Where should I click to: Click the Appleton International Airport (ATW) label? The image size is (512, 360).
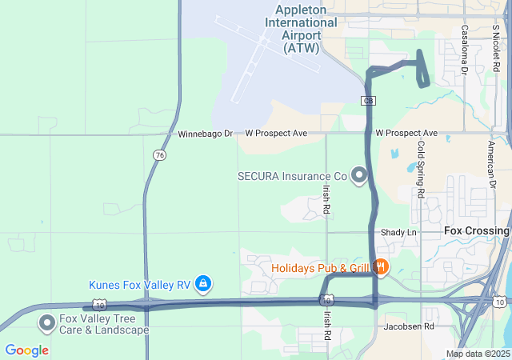point(301,29)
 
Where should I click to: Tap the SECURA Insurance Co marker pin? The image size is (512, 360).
point(359,174)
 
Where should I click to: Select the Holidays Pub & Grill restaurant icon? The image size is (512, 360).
point(382,267)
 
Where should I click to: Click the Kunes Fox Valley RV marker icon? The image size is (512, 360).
point(204,283)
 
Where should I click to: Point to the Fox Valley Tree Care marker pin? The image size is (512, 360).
point(46,322)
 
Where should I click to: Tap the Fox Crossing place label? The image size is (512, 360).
point(476,231)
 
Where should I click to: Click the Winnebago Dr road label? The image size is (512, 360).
point(205,133)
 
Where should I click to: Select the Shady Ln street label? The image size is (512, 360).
point(399,232)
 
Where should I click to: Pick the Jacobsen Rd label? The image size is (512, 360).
point(408,326)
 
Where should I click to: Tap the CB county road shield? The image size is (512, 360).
point(368,101)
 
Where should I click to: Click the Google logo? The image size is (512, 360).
point(26,350)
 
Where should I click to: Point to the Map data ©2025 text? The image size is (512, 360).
point(478,354)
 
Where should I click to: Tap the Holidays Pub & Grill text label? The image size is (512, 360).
point(320,268)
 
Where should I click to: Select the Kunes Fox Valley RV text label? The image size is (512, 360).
point(139,284)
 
